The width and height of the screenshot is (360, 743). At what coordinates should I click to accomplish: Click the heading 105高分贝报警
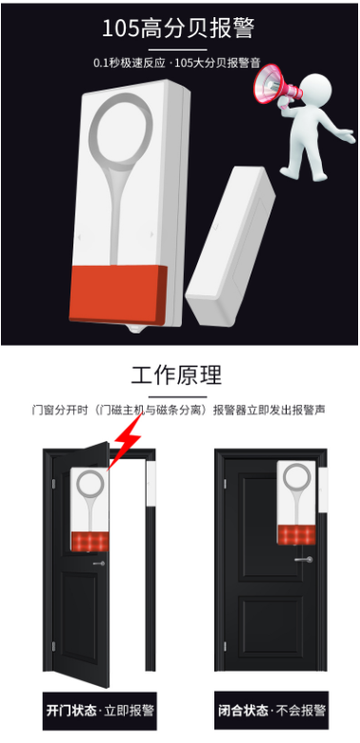click(178, 29)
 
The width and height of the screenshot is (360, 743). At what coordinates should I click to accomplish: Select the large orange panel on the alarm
click(118, 294)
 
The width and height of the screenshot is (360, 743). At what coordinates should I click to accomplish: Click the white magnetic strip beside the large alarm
click(230, 246)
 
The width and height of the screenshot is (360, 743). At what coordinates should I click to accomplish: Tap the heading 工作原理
click(177, 375)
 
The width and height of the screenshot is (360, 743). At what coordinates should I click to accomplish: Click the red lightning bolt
click(125, 442)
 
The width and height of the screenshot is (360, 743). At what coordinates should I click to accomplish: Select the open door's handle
click(98, 563)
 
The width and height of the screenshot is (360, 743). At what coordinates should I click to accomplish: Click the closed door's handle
click(303, 559)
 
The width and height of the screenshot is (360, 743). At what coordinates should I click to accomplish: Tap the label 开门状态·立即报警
click(99, 711)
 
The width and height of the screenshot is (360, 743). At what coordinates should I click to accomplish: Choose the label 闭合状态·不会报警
click(271, 711)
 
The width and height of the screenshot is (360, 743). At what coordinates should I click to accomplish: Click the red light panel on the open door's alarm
click(90, 542)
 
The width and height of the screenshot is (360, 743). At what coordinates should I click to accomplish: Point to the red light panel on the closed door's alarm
click(296, 534)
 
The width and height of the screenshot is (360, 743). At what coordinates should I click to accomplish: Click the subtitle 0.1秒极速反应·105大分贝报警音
click(177, 62)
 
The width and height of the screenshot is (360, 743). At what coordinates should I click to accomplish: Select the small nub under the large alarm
click(136, 329)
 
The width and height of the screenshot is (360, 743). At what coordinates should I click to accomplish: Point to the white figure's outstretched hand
click(349, 136)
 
